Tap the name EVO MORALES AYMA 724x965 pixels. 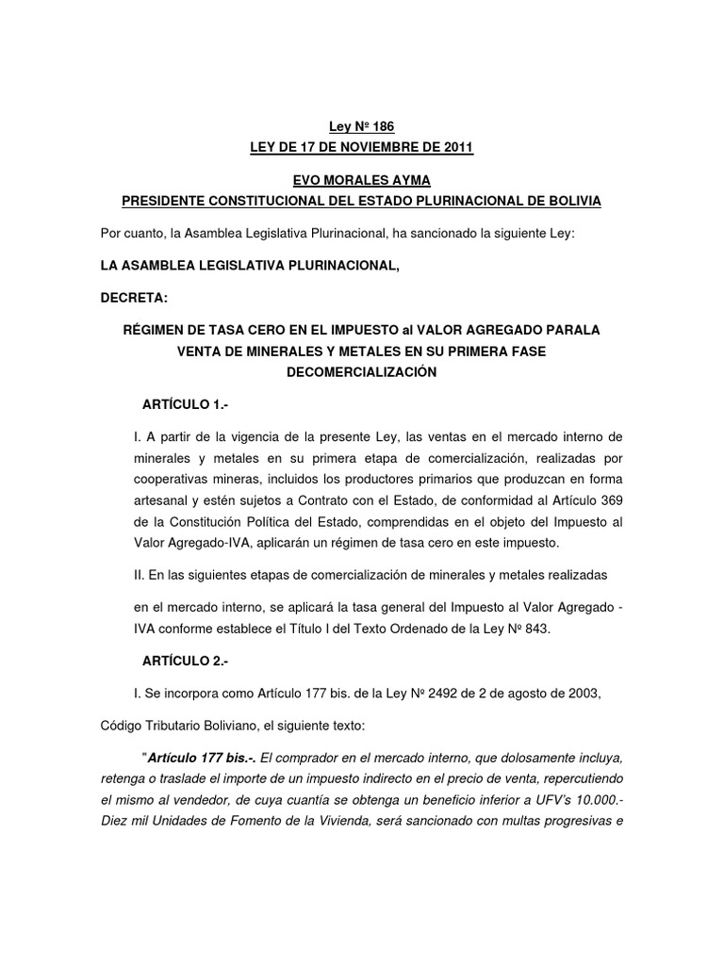362,181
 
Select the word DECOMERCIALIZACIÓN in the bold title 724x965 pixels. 361,372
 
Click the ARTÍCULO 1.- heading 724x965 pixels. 185,404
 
